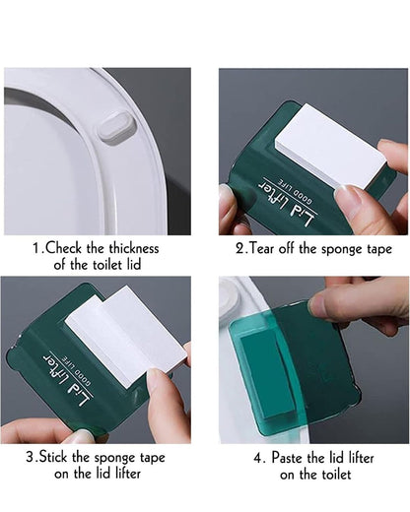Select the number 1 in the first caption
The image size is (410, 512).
click(x=36, y=249)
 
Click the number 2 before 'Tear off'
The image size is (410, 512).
click(x=239, y=249)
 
